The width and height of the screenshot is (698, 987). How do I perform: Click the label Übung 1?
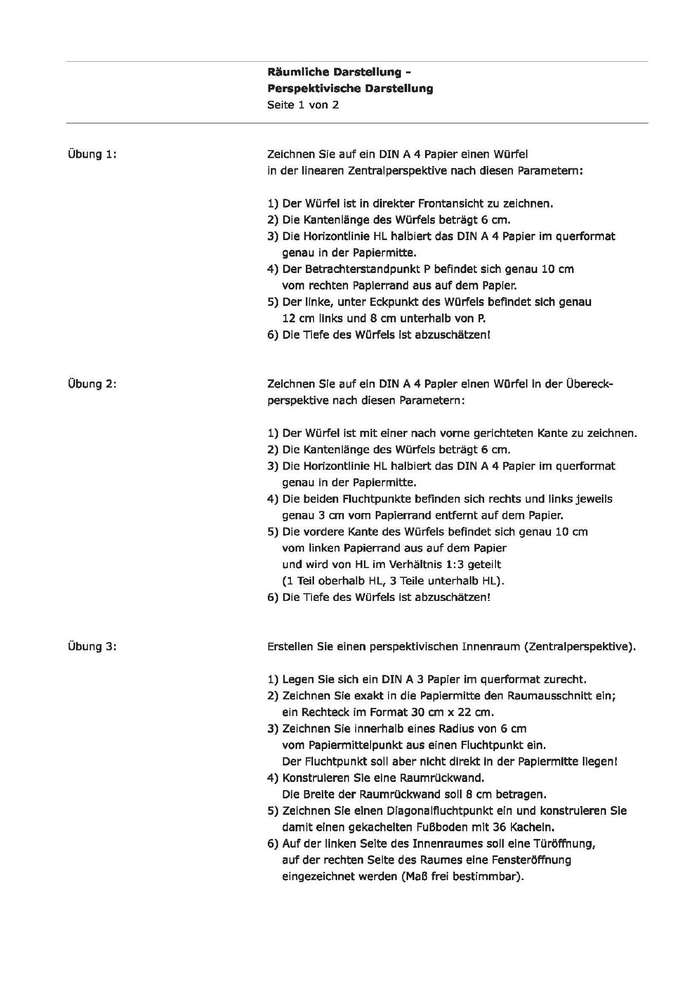tap(92, 154)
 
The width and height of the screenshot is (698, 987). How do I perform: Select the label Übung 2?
tap(92, 384)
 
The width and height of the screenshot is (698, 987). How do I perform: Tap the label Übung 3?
tap(92, 647)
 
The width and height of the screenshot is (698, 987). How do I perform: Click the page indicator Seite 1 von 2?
tap(303, 105)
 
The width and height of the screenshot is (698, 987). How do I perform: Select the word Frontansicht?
tap(450, 204)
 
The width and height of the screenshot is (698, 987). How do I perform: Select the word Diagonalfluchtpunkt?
tap(423, 811)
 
